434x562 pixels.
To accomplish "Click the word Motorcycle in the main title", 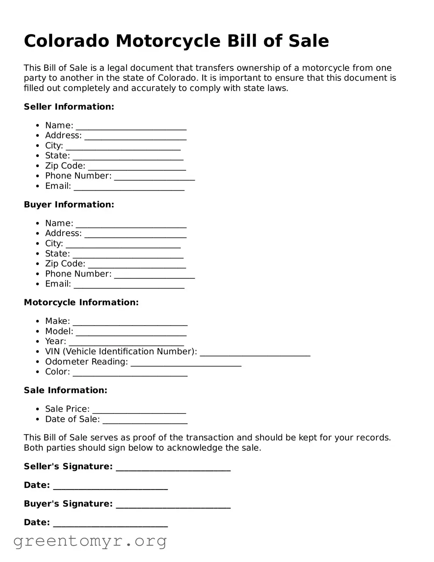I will pyautogui.click(x=168, y=41).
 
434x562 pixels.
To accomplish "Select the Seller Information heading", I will pyautogui.click(x=69, y=106).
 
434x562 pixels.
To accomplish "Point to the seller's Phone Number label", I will pyautogui.click(x=78, y=176).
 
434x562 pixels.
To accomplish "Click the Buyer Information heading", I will pyautogui.click(x=69, y=204).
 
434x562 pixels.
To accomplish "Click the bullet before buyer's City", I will pyautogui.click(x=38, y=244).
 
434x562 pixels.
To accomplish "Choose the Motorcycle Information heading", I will pyautogui.click(x=81, y=302).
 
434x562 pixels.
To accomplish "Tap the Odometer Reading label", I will pyautogui.click(x=86, y=362).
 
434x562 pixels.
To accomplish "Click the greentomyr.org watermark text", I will pyautogui.click(x=90, y=541).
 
